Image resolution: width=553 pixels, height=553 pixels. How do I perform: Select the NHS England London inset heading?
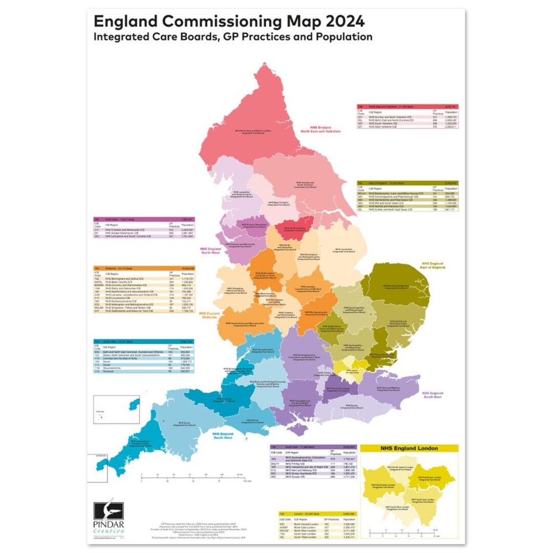pyautogui.click(x=409, y=449)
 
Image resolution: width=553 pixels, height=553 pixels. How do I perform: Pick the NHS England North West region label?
pyautogui.click(x=210, y=251)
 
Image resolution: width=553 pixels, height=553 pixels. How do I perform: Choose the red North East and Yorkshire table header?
pyautogui.click(x=407, y=105)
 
